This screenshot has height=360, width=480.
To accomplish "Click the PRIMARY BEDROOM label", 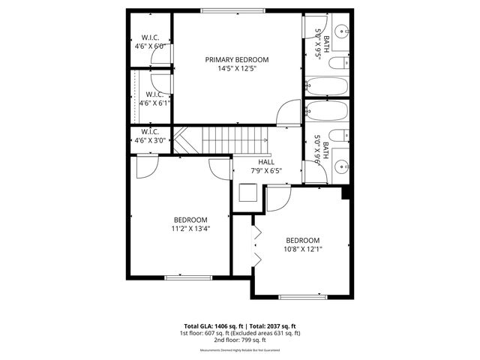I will point(237,59).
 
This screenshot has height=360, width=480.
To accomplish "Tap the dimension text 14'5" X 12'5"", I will point(237,68).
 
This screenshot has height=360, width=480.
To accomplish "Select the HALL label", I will point(266,161).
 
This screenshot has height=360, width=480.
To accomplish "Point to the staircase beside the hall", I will point(224,139).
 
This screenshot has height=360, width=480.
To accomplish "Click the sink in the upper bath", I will point(341,31).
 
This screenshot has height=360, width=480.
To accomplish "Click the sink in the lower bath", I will point(341,166).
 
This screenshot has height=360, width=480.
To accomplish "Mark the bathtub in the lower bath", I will point(326,112).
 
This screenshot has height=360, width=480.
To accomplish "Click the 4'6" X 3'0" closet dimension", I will point(151,140).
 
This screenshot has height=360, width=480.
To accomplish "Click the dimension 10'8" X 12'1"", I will point(301,249).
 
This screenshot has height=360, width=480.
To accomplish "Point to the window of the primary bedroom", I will point(232,10).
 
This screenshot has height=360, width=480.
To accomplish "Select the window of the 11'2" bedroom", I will point(183,277).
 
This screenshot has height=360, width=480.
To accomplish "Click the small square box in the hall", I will point(247,193).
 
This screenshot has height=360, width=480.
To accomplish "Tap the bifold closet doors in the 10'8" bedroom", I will point(255,244).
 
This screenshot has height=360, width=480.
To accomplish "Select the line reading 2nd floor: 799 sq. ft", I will point(239,340).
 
